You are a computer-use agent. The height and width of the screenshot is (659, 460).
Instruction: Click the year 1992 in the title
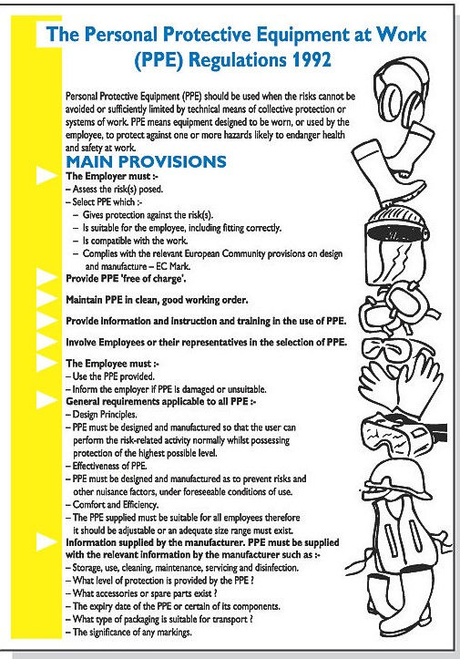309,59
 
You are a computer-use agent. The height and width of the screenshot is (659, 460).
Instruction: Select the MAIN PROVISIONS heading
146,162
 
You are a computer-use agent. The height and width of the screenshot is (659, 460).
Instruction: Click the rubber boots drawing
394,168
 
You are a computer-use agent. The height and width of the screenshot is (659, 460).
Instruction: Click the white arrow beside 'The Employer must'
46,176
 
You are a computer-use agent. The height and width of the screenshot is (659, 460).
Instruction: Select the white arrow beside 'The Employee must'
46,363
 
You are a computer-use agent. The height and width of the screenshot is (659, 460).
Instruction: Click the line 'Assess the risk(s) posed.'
114,189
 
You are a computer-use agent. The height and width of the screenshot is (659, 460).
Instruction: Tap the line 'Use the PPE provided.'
110,376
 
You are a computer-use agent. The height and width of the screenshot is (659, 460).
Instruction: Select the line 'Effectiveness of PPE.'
107,466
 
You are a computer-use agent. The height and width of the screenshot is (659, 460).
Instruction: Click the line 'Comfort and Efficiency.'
112,504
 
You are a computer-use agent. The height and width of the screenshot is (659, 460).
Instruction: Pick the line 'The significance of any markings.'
129,632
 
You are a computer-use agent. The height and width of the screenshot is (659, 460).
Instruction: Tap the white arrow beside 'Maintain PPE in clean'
46,299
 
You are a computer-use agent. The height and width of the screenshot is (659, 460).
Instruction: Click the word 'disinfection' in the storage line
277,568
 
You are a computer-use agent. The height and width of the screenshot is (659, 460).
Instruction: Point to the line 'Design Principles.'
102,415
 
